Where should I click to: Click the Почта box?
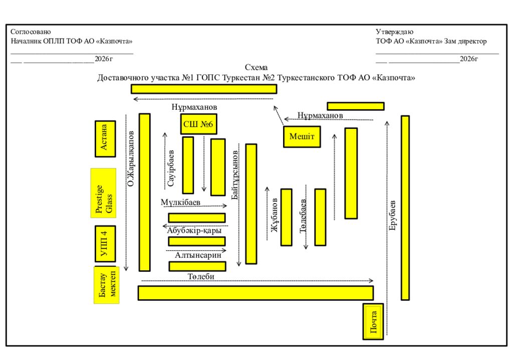373,321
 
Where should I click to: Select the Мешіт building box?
302,136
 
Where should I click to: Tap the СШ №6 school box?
198,124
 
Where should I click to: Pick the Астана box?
105,138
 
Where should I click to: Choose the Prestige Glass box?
103,193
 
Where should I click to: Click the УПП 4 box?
105,244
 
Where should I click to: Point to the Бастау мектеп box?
106,285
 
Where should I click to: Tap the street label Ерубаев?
393,216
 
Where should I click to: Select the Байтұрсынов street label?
235,175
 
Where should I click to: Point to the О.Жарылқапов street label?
131,158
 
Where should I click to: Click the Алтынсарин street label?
197,255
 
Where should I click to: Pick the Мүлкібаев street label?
180,202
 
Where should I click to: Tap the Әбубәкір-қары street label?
194,230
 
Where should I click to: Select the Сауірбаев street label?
171,168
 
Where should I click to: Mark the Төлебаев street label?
304,216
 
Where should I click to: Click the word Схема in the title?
256,68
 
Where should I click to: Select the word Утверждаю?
394,32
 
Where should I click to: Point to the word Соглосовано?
31,32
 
